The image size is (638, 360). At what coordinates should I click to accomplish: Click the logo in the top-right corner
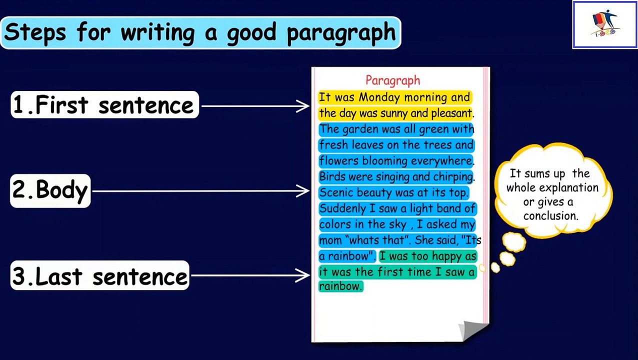604,24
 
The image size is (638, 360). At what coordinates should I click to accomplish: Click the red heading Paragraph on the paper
392,80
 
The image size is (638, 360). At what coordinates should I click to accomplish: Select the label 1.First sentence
104,105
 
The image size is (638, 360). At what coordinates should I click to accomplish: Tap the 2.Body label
50,190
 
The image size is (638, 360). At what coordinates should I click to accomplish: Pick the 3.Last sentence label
99,276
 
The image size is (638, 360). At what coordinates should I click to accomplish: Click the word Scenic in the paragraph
336,192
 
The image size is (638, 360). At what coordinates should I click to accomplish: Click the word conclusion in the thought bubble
550,216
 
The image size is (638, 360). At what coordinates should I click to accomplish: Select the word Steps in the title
35,33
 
